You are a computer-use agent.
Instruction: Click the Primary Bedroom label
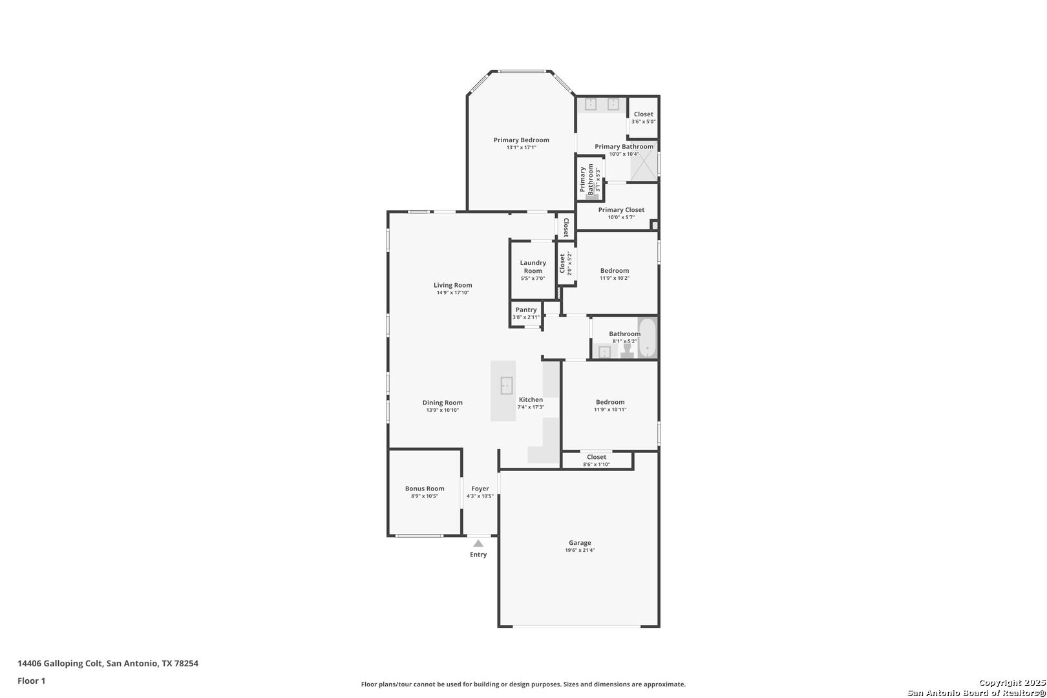pyautogui.click(x=521, y=140)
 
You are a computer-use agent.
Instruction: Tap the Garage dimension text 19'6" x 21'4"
pyautogui.click(x=580, y=550)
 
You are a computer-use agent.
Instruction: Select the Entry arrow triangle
pyautogui.click(x=478, y=544)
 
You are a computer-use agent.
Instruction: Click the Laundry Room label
pyautogui.click(x=533, y=266)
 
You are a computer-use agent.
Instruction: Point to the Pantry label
pyautogui.click(x=526, y=310)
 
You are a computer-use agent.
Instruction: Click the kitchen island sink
pyautogui.click(x=507, y=386)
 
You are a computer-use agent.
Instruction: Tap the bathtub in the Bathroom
pyautogui.click(x=648, y=337)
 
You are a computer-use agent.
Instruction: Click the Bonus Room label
pyautogui.click(x=425, y=489)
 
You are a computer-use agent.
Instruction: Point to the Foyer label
pyautogui.click(x=480, y=489)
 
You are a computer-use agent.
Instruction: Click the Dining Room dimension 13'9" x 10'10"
pyautogui.click(x=442, y=410)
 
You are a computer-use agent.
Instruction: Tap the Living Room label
pyautogui.click(x=452, y=285)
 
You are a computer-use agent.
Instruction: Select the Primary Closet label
pyautogui.click(x=621, y=210)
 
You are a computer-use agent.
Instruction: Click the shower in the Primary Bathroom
pyautogui.click(x=644, y=160)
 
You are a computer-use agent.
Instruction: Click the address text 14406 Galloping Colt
pyautogui.click(x=60, y=663)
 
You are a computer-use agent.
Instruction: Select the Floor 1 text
pyautogui.click(x=31, y=681)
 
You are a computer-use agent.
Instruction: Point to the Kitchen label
pyautogui.click(x=531, y=399)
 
